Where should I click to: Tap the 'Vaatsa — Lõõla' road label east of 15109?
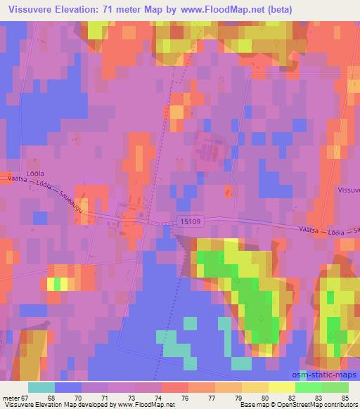323,230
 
